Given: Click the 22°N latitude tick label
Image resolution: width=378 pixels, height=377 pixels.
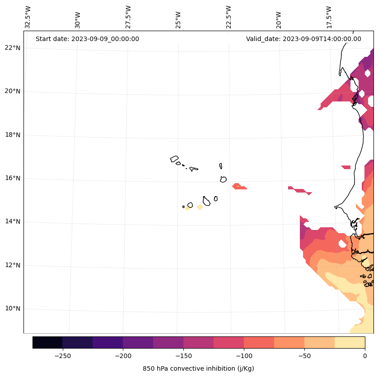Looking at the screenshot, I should pyautogui.click(x=13, y=48).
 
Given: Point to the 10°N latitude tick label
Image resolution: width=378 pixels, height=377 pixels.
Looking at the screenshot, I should pyautogui.click(x=13, y=309).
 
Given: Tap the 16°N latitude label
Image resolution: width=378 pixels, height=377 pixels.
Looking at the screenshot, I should pyautogui.click(x=13, y=178).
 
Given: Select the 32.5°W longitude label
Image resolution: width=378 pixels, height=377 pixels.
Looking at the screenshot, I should pyautogui.click(x=28, y=17).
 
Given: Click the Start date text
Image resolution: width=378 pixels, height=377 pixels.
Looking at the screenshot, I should pyautogui.click(x=87, y=39).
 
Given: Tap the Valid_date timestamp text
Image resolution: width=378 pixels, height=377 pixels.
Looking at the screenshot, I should pyautogui.click(x=303, y=39).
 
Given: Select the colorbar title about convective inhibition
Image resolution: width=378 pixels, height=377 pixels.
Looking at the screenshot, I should pyautogui.click(x=198, y=368).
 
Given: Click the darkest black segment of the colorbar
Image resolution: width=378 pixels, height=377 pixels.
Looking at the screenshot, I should pyautogui.click(x=47, y=342).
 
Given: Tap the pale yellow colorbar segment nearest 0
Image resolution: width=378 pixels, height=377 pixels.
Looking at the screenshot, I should pyautogui.click(x=350, y=342).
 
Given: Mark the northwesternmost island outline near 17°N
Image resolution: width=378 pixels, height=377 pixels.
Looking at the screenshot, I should pyautogui.click(x=174, y=159).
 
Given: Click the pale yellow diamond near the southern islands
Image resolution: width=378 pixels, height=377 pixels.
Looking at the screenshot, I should pyautogui.click(x=200, y=207).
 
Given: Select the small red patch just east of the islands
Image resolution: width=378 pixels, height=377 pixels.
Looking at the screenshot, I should pyautogui.click(x=239, y=186).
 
